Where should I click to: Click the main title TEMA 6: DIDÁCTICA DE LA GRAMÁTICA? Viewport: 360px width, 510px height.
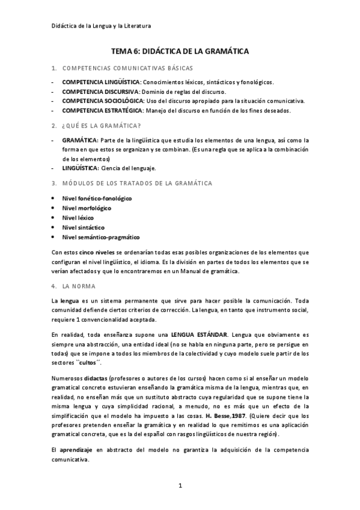[x=180, y=52]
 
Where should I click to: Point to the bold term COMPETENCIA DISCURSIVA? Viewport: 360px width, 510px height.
[x=99, y=91]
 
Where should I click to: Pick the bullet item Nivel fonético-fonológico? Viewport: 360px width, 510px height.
[x=97, y=198]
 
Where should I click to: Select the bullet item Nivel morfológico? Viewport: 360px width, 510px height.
[x=87, y=207]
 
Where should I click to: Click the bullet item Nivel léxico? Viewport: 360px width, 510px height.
[x=79, y=218]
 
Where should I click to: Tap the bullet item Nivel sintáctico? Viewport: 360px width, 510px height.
[x=83, y=227]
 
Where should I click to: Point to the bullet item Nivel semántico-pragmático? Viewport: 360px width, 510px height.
[x=100, y=237]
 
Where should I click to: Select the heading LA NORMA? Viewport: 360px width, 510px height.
[x=82, y=286]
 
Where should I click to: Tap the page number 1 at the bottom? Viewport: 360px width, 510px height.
[x=180, y=485]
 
